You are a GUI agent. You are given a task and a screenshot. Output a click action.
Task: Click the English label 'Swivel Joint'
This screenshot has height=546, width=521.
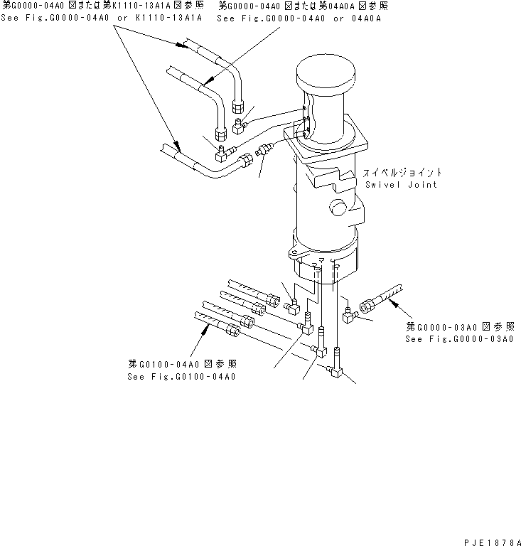coord(402,184)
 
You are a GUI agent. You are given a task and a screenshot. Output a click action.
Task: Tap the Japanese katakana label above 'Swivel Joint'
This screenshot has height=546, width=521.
coord(402,172)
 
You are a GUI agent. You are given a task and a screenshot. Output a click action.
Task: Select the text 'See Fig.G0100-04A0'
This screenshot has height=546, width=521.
coord(181,376)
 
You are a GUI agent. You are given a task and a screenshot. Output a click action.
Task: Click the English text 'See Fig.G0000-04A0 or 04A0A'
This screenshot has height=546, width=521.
coord(299,16)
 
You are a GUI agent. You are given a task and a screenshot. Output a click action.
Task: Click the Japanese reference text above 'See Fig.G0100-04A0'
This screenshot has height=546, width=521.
coord(181,365)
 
